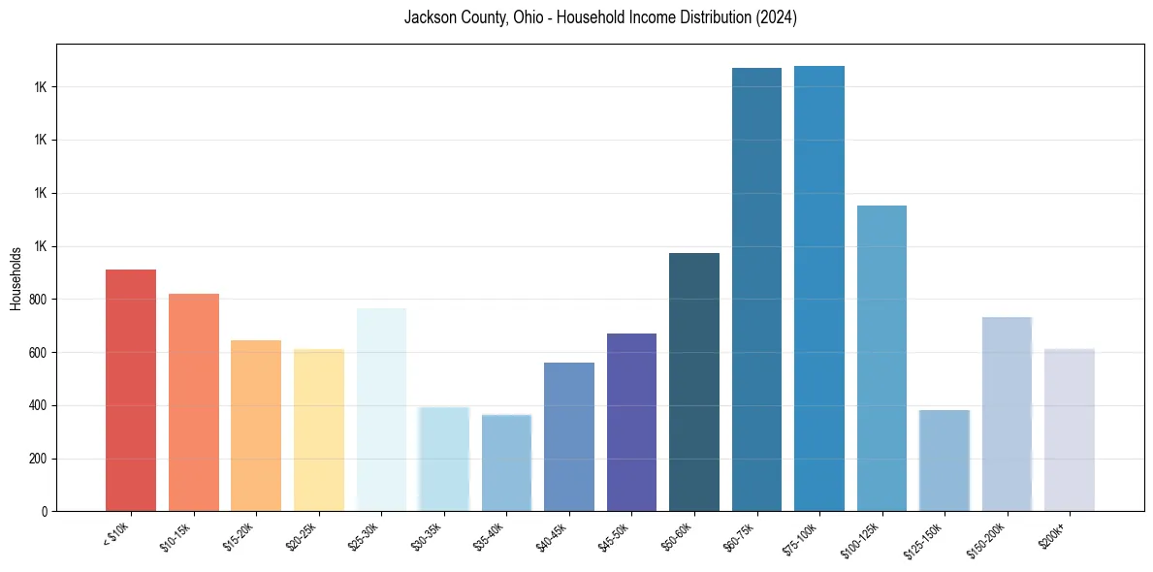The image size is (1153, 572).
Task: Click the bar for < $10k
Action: coord(131,390)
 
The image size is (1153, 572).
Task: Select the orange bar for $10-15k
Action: coord(194,402)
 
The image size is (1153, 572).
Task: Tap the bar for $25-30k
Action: coord(381,409)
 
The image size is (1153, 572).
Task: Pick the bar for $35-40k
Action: coord(506,462)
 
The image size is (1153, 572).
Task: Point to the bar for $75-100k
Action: coord(819,288)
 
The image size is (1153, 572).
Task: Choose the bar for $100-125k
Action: coord(881,358)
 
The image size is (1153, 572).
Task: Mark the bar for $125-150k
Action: coord(945,461)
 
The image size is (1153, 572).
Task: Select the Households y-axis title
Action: coord(16,278)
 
